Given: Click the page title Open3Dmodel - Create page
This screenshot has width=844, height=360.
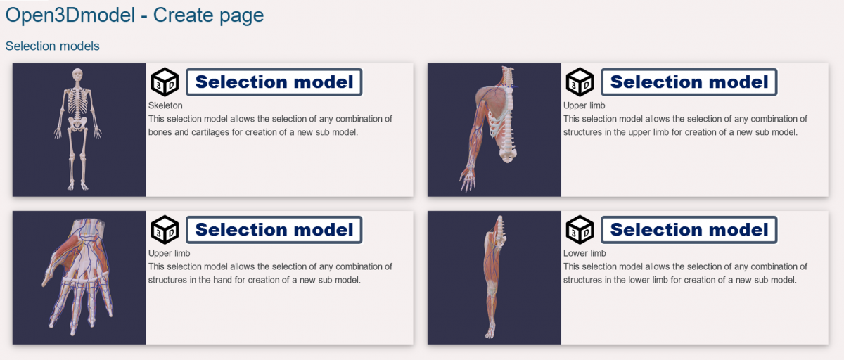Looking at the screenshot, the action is coord(134,15).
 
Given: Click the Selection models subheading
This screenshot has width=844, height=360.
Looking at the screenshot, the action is coord(52,46).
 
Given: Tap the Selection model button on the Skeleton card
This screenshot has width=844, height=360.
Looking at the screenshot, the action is coord(274,82).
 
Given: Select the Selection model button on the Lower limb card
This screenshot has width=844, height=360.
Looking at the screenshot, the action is coord(689,230).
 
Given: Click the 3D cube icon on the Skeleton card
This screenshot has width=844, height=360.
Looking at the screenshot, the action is coord(165,82).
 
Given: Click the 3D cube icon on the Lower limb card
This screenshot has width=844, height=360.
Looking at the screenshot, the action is coord(580,230).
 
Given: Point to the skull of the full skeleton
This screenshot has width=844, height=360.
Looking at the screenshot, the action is coord(77,75).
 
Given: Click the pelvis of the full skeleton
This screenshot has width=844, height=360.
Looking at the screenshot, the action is coord(77,124).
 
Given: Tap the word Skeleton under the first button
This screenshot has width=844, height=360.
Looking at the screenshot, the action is coord(165,105).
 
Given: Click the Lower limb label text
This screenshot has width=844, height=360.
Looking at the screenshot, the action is coord(584,253).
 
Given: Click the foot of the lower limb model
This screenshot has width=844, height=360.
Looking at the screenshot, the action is coord(490,333).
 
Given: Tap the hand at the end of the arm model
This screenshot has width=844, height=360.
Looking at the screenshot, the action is coord(468,179).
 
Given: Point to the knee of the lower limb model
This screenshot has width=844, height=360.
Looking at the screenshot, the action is coord(491,290).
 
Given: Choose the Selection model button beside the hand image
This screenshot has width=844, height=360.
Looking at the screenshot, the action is coord(274,230).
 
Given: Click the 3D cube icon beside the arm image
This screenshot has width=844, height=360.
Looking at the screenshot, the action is coord(580,82).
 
